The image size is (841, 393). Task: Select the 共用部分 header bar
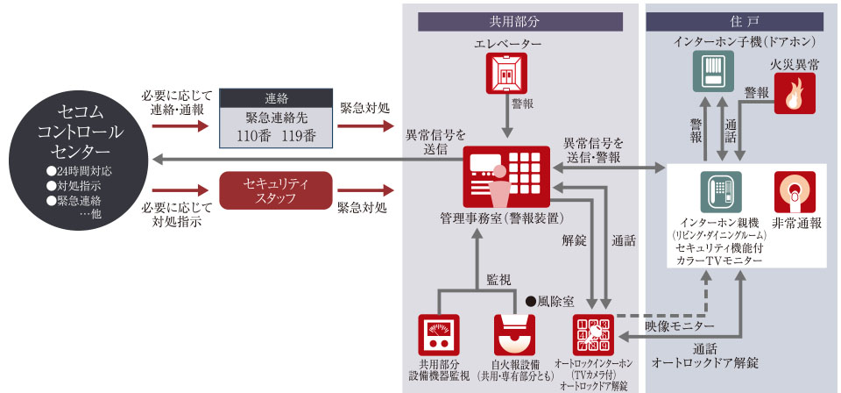click(520, 22)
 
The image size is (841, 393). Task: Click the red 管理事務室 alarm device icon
click(506, 176)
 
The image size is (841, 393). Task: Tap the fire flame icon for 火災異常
click(794, 94)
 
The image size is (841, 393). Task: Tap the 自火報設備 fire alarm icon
click(513, 335)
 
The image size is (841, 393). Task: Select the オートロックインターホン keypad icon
click(594, 335)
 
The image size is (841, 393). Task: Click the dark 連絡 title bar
click(276, 98)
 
